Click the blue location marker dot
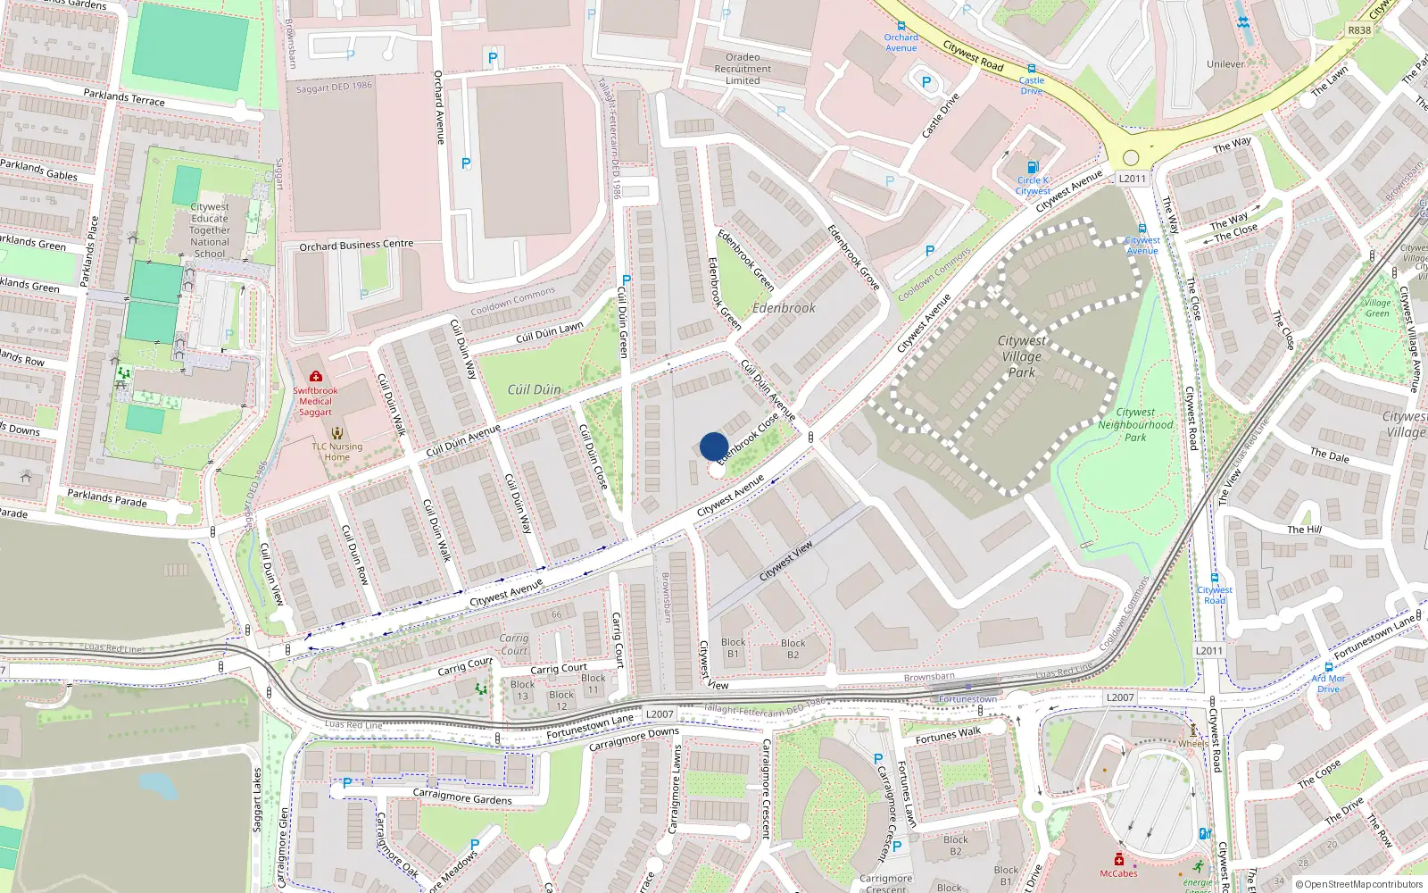click(714, 446)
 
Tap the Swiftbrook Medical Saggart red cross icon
click(315, 377)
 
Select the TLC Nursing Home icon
click(336, 434)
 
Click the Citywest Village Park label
click(1021, 356)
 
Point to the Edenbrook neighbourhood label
click(784, 308)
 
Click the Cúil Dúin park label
click(534, 389)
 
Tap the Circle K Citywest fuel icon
click(1033, 167)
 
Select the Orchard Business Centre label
click(356, 245)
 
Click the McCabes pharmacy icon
click(1118, 859)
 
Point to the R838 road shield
click(1359, 30)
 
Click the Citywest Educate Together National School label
click(210, 230)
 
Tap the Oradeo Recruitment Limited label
click(743, 69)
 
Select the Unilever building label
click(1225, 64)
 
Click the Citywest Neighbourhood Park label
click(1135, 425)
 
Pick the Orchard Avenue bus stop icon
click(901, 27)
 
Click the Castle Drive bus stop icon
click(1031, 69)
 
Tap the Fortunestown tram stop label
click(967, 699)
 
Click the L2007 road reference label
click(1119, 697)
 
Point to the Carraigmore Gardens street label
click(462, 797)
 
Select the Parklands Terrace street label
click(124, 97)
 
